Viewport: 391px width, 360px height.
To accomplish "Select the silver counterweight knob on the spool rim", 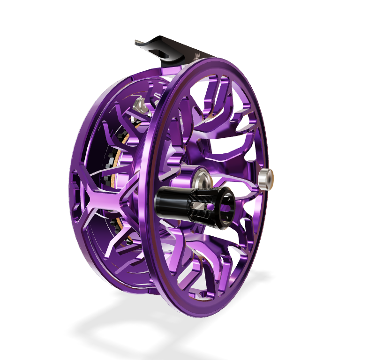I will [266, 179].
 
